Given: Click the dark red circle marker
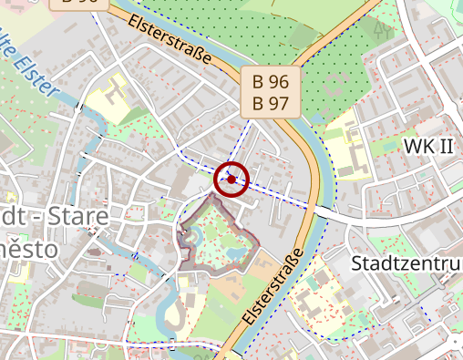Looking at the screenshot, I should pyautogui.click(x=231, y=180).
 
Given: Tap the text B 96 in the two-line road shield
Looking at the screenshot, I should pyautogui.click(x=270, y=83).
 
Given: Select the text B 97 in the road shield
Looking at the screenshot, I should pyautogui.click(x=270, y=103).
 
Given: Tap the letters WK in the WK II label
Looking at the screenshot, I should pyautogui.click(x=418, y=147).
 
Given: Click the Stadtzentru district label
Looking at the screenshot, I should pyautogui.click(x=406, y=264).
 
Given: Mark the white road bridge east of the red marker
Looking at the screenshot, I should pyautogui.click(x=320, y=211).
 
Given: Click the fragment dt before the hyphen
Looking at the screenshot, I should pyautogui.click(x=13, y=219).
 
